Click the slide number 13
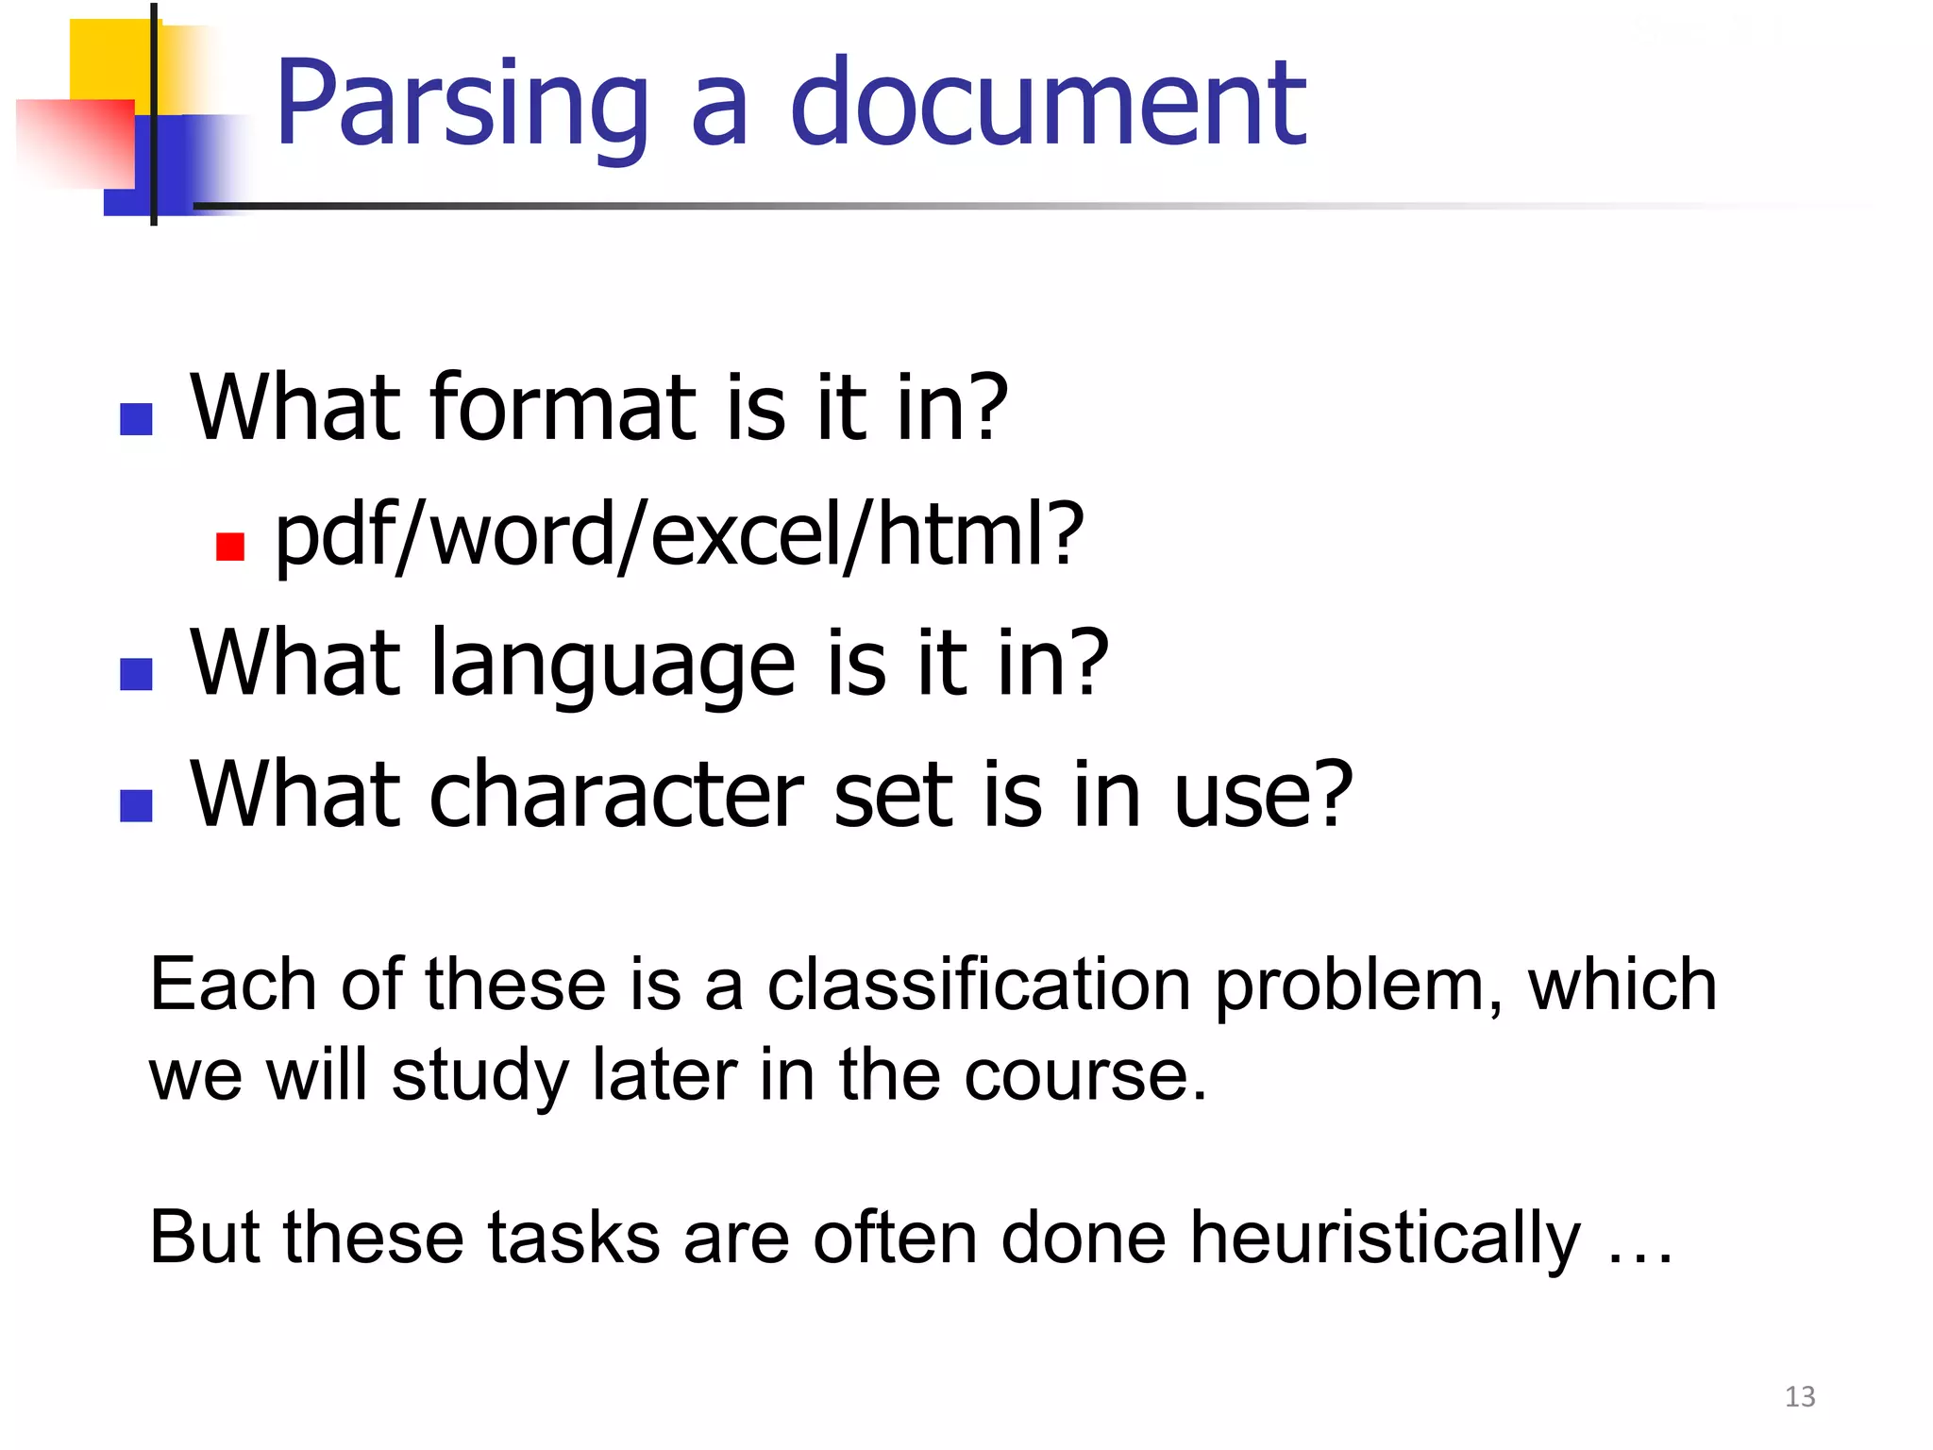1800,1396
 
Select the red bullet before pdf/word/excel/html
230,547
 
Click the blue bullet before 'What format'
137,419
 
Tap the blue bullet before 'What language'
137,674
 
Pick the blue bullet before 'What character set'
137,805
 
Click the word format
563,408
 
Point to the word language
613,666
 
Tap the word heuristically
1384,1238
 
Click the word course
1084,1075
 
